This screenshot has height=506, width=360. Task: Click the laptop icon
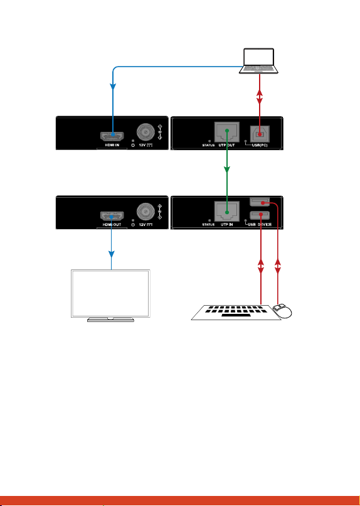tap(258, 61)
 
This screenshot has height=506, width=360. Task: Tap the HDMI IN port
tap(112, 136)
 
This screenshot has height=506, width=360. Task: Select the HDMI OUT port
tap(112, 216)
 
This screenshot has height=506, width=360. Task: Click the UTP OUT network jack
tap(227, 132)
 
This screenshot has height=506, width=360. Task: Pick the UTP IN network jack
tap(227, 212)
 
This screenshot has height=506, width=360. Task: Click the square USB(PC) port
tap(260, 133)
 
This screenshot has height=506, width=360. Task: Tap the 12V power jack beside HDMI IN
tap(146, 131)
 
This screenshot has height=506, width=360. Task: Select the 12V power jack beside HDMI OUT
tap(146, 212)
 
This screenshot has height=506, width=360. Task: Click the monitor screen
tap(110, 293)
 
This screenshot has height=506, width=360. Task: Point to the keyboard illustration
tap(235, 313)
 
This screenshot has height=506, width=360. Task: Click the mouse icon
tap(282, 311)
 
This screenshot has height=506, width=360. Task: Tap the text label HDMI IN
tap(112, 145)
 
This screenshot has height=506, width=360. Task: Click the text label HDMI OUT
tap(112, 225)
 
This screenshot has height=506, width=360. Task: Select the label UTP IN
tap(227, 225)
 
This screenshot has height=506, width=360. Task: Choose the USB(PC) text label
tap(260, 145)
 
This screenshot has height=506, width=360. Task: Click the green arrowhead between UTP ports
tap(227, 170)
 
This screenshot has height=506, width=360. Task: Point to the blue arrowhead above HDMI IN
tap(113, 87)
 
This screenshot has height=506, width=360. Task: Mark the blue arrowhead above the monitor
tap(112, 254)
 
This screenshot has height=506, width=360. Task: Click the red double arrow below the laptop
tap(260, 97)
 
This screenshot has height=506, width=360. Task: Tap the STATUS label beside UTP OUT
tap(208, 146)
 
